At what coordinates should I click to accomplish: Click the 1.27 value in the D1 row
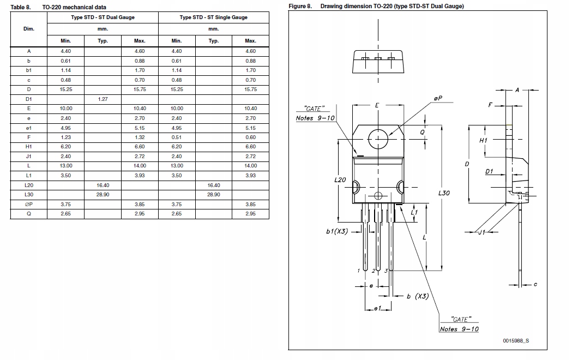pos(103,99)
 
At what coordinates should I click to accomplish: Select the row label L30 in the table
pos(29,195)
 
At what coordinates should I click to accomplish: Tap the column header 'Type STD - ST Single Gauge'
pos(213,17)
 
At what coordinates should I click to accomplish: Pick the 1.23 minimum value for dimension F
pos(66,137)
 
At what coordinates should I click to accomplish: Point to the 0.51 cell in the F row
pos(177,137)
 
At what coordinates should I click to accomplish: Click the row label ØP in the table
pos(29,205)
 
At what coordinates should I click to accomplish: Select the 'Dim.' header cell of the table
pos(29,28)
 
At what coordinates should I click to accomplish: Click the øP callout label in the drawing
pos(438,98)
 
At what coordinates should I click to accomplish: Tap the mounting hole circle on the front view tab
pos(378,139)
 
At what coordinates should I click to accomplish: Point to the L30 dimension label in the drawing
pos(444,193)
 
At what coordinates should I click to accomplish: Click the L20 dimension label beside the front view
pos(340,179)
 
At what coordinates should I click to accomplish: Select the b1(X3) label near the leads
pos(337,231)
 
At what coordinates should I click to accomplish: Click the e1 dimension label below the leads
pos(376,309)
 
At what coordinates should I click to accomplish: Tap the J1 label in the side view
pos(481,233)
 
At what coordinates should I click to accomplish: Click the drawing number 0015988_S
pos(515,340)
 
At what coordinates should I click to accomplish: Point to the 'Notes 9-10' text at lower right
pos(459,329)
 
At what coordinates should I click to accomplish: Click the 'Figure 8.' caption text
pos(300,7)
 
